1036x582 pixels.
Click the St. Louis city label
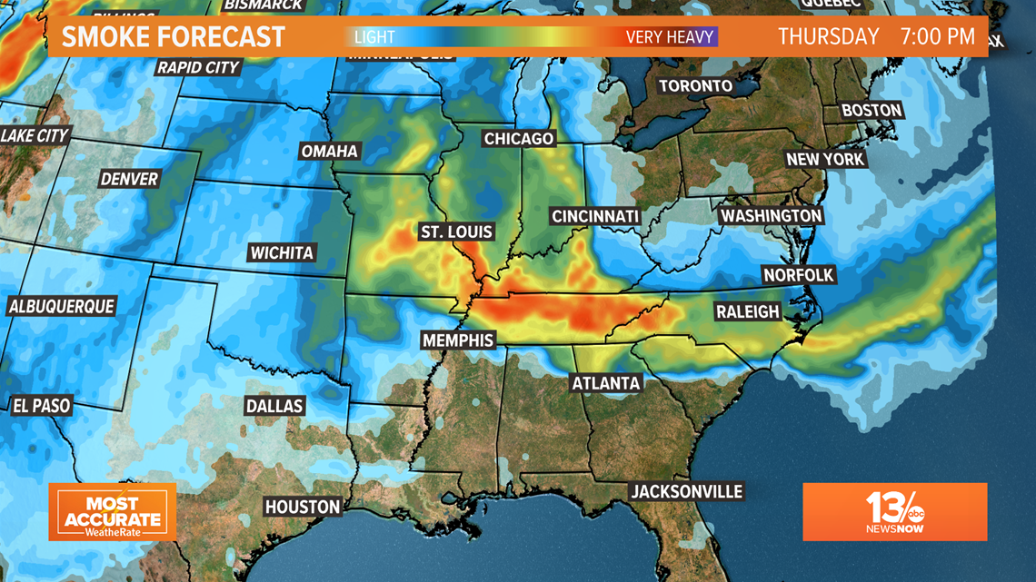click(456, 232)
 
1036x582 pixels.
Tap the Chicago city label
click(519, 139)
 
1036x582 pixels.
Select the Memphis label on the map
click(458, 340)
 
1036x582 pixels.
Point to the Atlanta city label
click(606, 383)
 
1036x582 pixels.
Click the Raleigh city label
click(748, 311)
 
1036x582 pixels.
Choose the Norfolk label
click(798, 275)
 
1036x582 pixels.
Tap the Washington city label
click(771, 216)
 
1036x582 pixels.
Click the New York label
click(825, 159)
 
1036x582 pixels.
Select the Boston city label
click(872, 111)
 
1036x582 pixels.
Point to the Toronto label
click(695, 86)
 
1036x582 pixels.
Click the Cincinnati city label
click(595, 217)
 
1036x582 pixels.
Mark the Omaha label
click(330, 151)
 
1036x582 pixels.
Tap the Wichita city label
click(282, 252)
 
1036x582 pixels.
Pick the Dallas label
click(274, 406)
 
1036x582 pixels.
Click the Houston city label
click(303, 507)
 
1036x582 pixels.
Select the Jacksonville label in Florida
click(687, 492)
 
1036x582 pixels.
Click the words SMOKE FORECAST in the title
click(174, 37)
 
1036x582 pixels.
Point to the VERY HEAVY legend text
click(670, 37)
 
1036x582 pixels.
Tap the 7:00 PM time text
click(938, 37)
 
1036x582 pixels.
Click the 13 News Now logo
click(894, 511)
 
